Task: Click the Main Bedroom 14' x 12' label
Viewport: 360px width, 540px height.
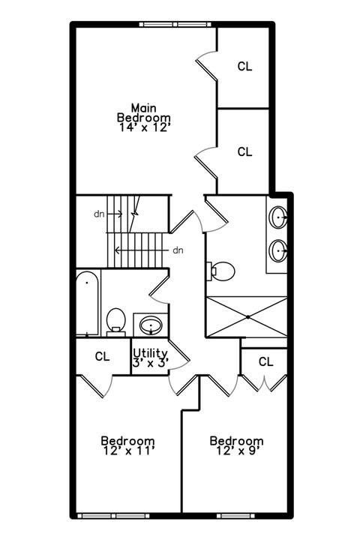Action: (144, 118)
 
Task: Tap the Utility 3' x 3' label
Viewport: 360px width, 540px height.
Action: (150, 358)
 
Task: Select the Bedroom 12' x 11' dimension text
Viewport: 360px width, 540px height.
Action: (127, 445)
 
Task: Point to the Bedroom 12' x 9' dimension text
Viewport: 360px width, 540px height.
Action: (236, 445)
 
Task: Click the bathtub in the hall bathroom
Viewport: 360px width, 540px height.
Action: (88, 304)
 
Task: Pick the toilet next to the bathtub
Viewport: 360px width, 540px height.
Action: (115, 322)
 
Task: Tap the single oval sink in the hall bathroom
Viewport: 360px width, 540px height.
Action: (151, 325)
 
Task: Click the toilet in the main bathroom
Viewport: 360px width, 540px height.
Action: (220, 271)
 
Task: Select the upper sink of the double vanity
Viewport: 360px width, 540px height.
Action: (278, 217)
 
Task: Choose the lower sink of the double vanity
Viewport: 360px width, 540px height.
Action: (278, 250)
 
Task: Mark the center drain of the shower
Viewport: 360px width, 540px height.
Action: (247, 316)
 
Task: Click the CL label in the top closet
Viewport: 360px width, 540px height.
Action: (244, 66)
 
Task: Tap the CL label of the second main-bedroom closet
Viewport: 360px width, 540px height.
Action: (244, 151)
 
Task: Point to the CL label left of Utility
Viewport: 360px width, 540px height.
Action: (102, 356)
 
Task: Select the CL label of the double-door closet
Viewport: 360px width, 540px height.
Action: (265, 361)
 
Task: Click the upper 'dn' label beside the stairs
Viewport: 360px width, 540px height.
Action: (99, 214)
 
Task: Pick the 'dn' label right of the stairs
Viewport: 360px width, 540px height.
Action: (178, 250)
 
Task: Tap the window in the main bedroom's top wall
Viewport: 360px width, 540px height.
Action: (175, 24)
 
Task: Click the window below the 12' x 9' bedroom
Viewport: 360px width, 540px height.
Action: (235, 516)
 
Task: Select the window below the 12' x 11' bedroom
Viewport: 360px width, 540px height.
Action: (113, 516)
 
